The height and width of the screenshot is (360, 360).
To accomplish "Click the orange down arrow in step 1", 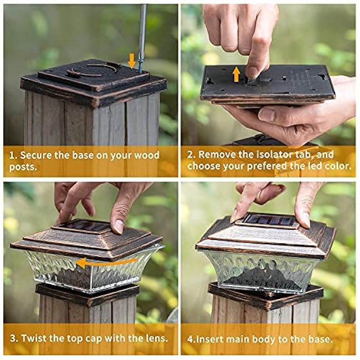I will (x=131, y=60).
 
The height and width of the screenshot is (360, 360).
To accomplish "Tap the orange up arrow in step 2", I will (x=236, y=74).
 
